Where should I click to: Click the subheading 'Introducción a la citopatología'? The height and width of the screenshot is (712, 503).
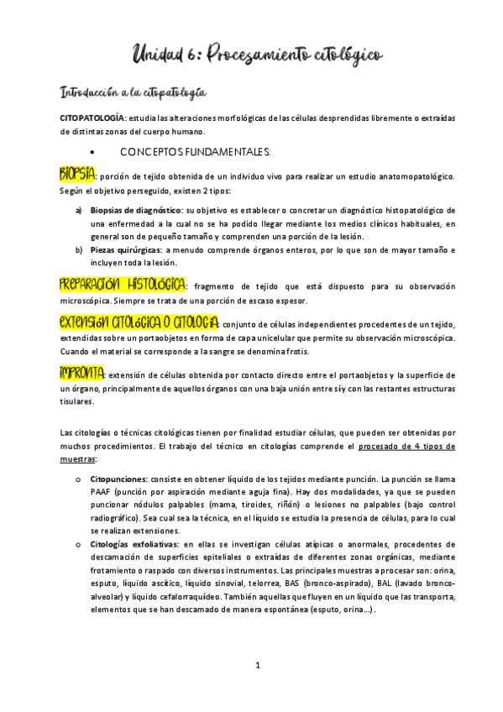tap(134, 90)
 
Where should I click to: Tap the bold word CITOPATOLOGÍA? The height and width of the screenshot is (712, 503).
tap(92, 118)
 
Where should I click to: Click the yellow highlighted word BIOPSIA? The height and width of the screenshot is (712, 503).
tap(77, 175)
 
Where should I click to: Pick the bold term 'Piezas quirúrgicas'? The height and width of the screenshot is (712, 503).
tap(127, 250)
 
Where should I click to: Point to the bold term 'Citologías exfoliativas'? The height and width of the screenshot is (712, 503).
tap(134, 544)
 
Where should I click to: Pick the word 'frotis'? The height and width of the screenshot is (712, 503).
tap(318, 351)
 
